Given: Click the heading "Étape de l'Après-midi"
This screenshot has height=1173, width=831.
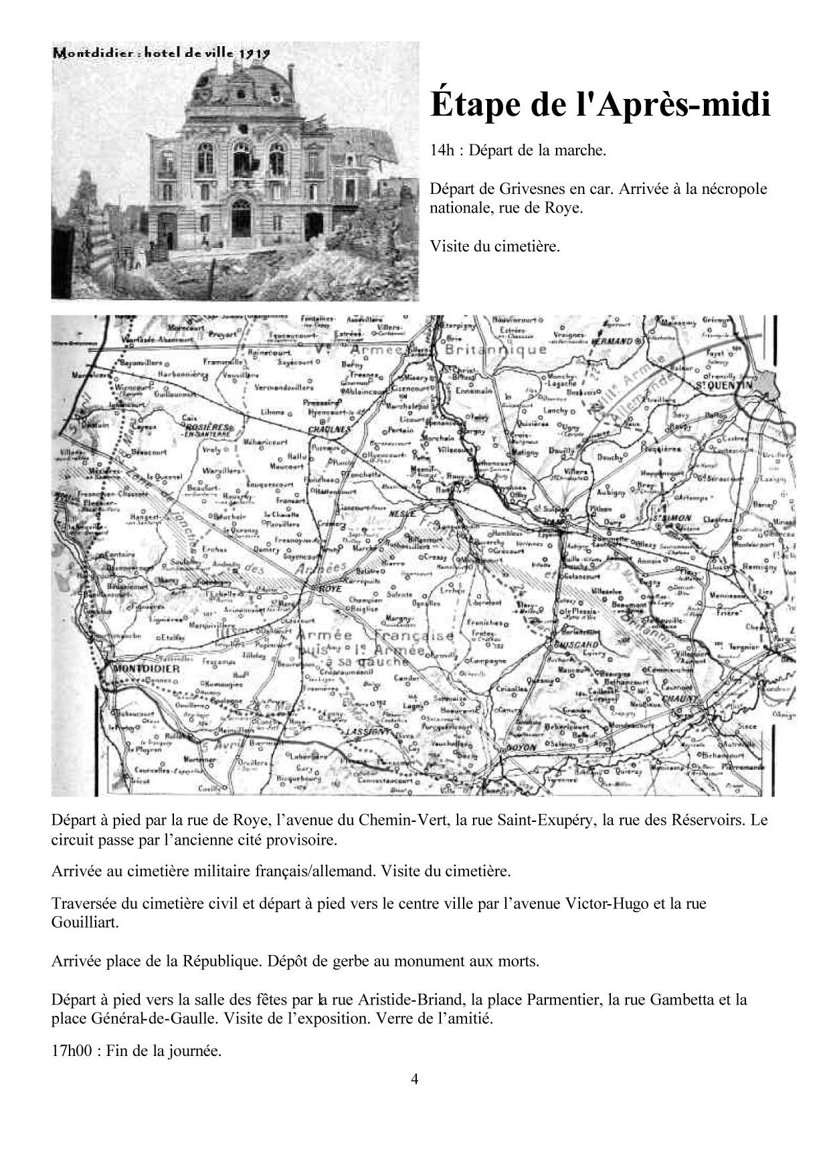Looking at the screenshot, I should point(599,104).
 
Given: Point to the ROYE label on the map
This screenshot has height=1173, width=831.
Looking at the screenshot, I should point(331,589).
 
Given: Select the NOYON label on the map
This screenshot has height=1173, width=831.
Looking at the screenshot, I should point(523,748).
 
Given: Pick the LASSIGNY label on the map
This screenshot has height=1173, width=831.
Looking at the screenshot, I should point(367,732).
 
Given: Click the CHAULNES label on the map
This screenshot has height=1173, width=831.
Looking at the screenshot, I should point(330,429).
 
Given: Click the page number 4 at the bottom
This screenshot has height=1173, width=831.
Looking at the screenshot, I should point(415,1079).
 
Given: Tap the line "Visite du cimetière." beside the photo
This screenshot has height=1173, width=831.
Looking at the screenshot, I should point(494,246).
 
